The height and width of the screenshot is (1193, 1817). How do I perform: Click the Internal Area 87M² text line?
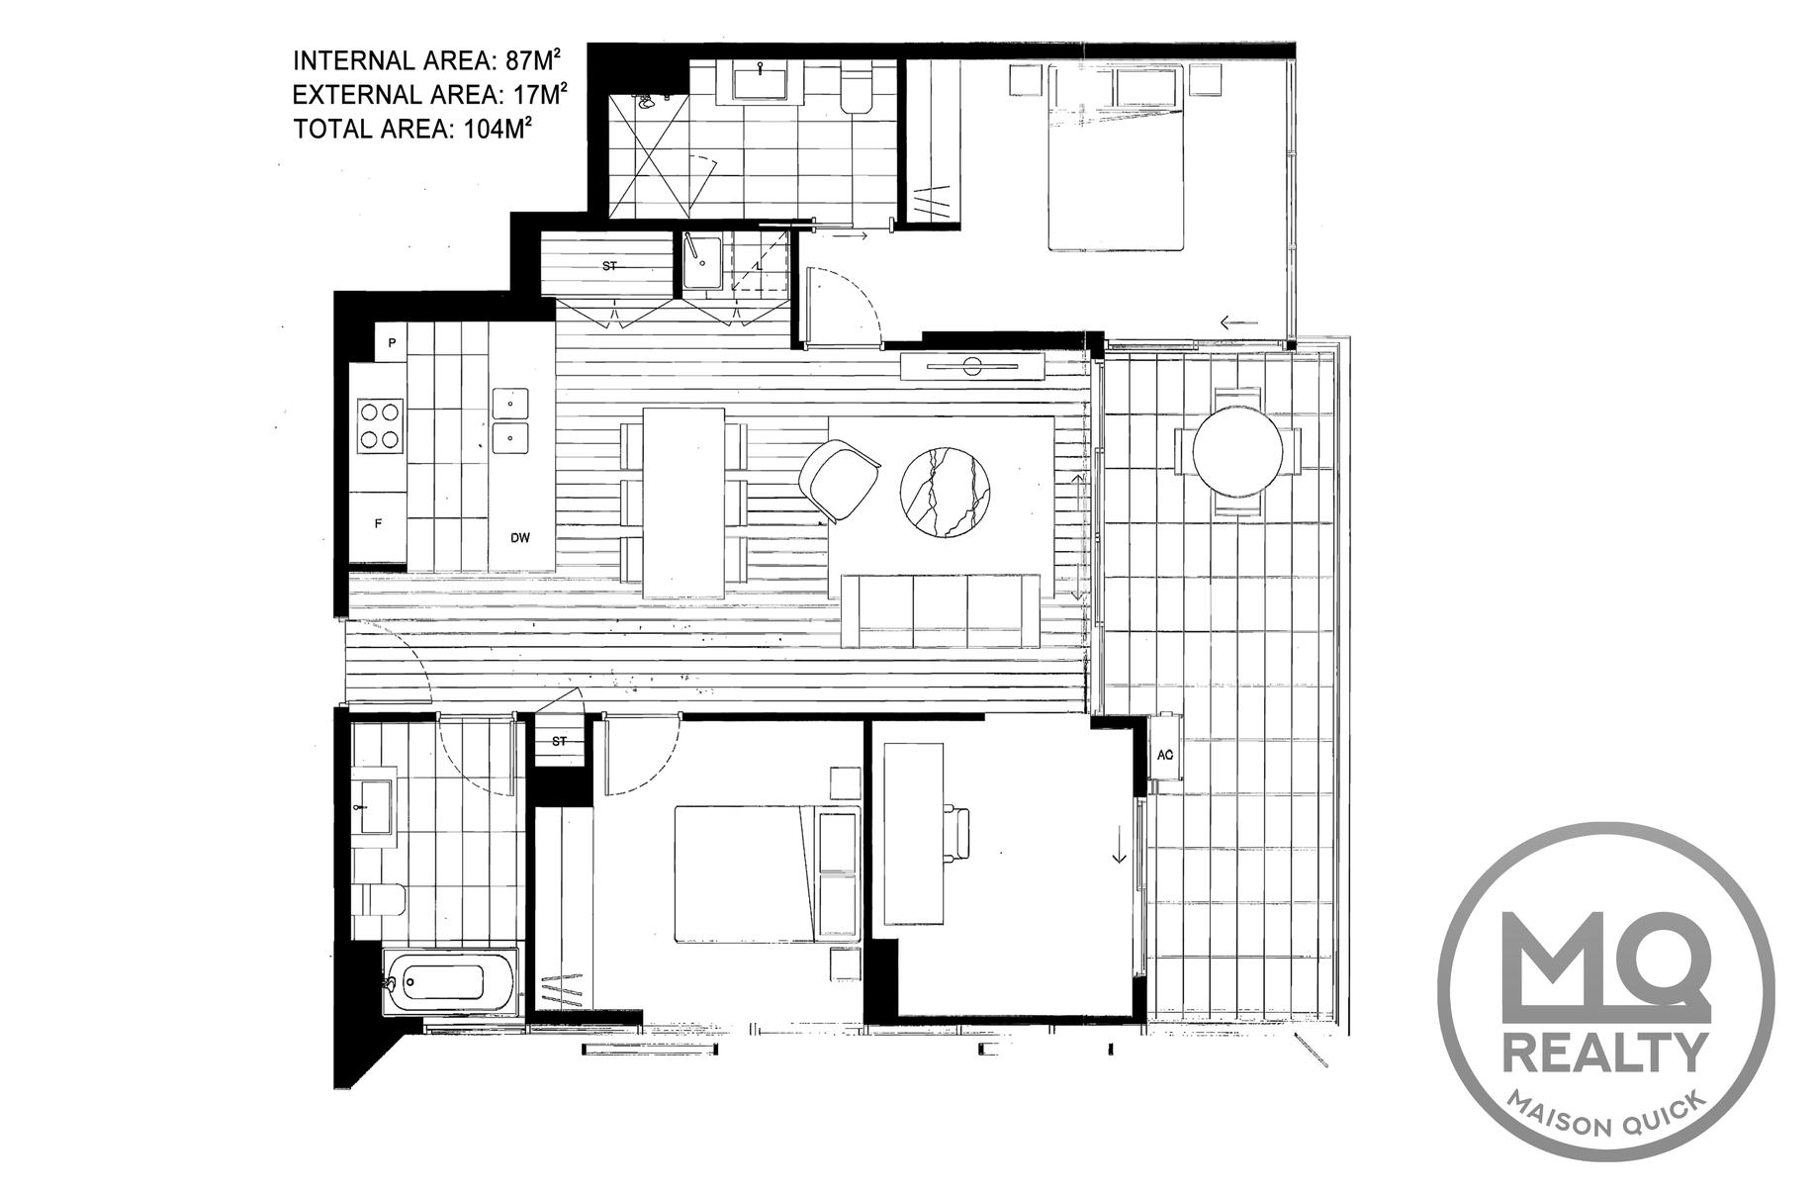[429, 60]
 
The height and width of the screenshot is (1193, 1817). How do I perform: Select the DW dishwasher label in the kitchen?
[520, 538]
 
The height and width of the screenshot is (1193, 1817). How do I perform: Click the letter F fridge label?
[378, 524]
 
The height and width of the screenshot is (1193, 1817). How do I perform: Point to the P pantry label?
[392, 343]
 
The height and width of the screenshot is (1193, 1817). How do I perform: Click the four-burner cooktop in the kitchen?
[381, 425]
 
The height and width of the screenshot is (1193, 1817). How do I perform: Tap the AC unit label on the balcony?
[1165, 754]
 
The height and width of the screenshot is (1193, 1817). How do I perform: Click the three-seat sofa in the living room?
[941, 609]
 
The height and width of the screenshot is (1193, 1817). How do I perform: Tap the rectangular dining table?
[683, 502]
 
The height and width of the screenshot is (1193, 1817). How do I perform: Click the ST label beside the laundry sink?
[610, 265]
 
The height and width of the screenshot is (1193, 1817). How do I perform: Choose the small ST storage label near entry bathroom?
[560, 740]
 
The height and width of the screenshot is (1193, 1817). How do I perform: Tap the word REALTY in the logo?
[1604, 1051]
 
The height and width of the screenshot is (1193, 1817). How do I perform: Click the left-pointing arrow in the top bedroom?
[1237, 321]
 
